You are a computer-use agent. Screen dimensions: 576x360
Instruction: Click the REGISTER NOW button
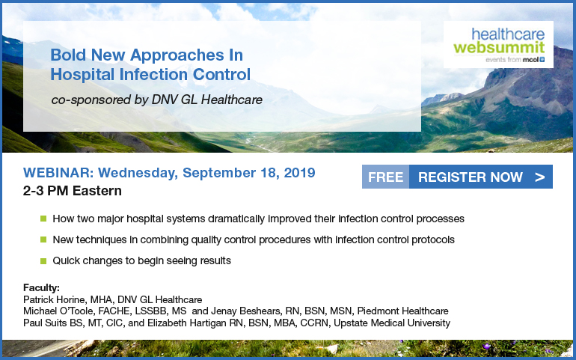[x=480, y=177]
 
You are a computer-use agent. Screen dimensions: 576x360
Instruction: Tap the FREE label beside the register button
[x=385, y=177]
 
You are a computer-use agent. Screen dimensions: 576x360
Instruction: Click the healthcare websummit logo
[x=498, y=44]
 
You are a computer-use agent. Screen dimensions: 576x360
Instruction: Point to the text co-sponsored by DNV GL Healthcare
[x=157, y=100]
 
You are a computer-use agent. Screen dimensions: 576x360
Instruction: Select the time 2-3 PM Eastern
[x=73, y=191]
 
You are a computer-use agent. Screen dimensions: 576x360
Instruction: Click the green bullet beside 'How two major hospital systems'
[x=43, y=219]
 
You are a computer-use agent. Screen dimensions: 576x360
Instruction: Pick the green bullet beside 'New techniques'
[x=43, y=240]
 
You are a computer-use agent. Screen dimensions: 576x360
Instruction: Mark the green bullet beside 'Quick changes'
[x=43, y=261]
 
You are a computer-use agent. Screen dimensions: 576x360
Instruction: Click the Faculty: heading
[x=41, y=287]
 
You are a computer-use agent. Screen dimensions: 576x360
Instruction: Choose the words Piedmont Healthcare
[x=402, y=311]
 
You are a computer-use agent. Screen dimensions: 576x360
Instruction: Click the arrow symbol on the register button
[x=539, y=177]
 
